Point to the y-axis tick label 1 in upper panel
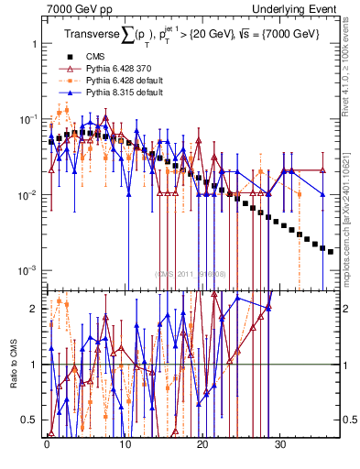[33, 44]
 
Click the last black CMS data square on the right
[331, 251]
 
